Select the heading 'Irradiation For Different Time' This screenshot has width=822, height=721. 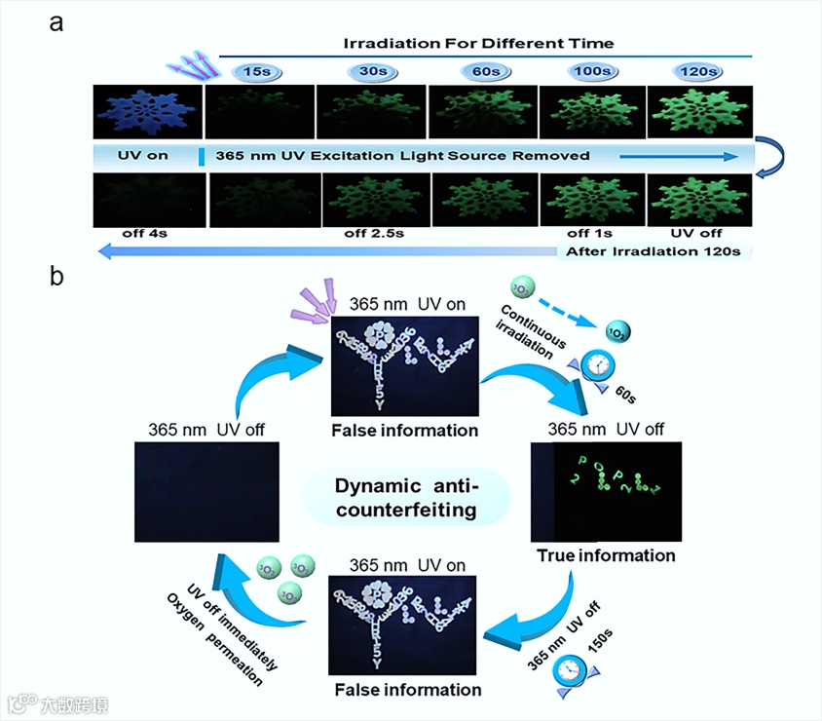tap(478, 43)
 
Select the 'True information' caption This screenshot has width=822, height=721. tap(606, 555)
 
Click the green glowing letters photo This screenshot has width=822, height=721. tap(605, 491)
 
